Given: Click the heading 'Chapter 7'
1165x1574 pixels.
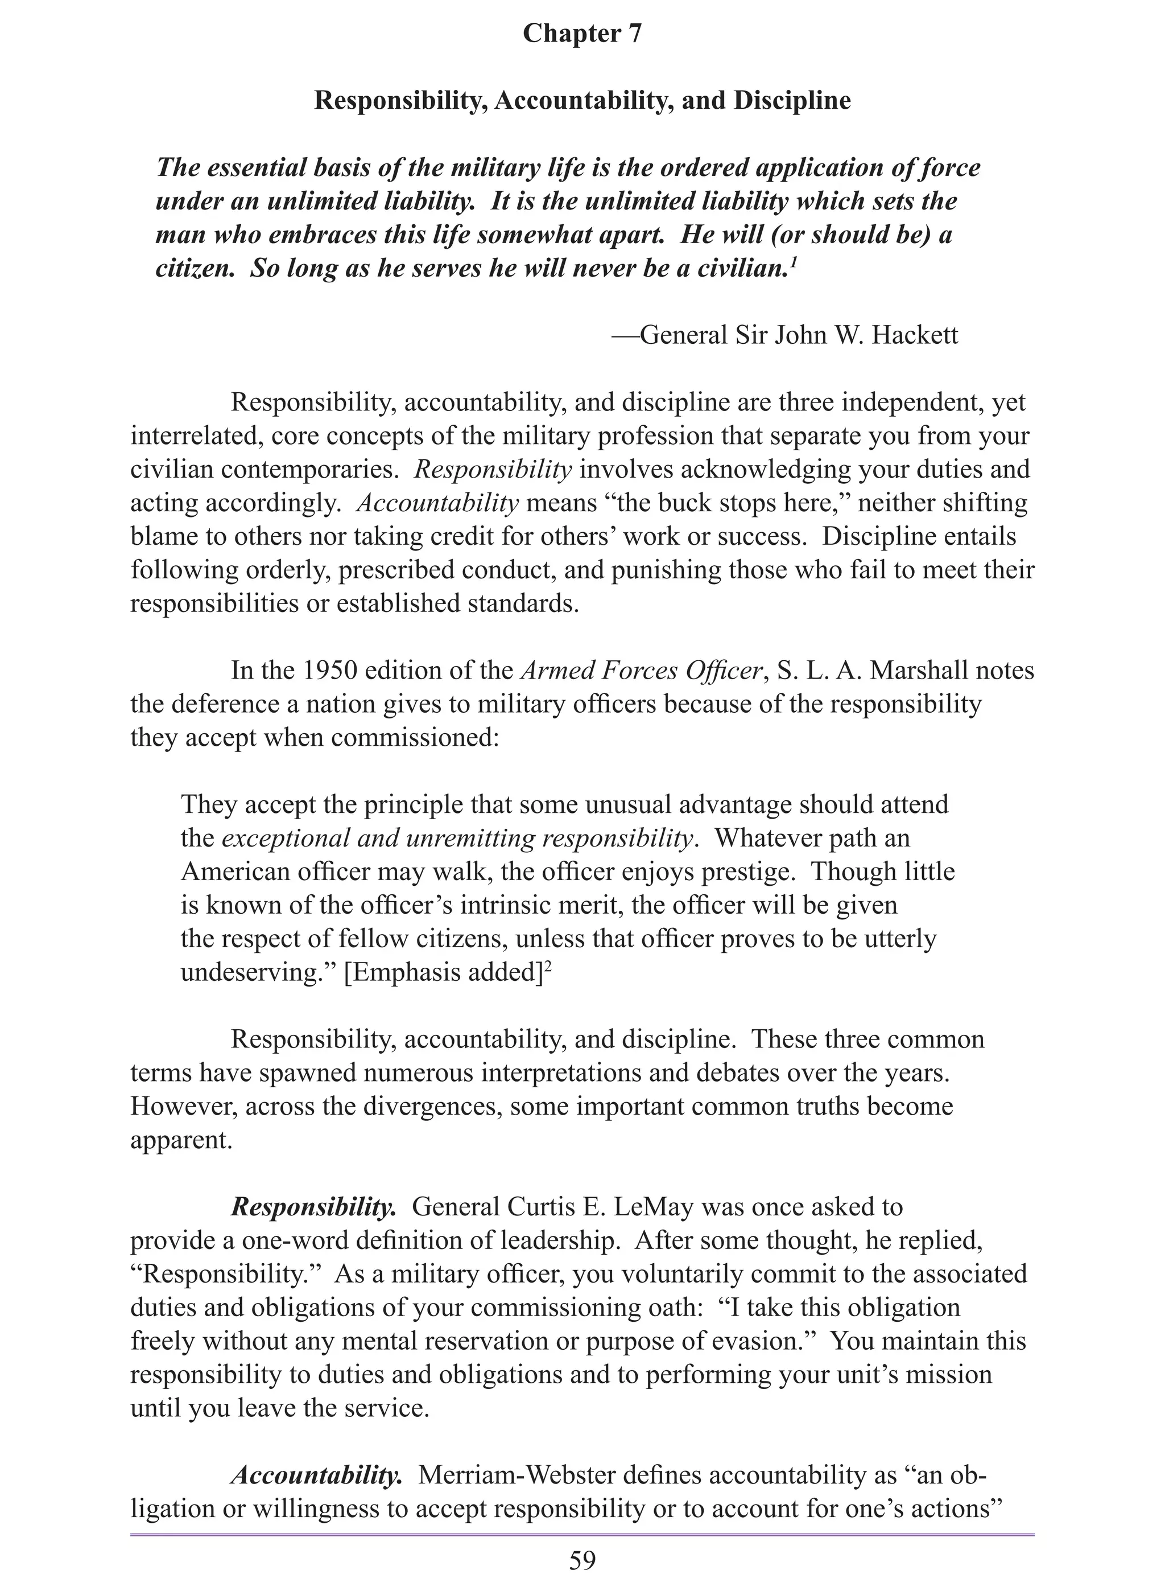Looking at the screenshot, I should [x=582, y=32].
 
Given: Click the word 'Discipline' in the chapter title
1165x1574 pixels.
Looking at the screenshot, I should [x=792, y=100].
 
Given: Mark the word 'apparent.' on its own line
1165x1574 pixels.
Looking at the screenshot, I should [x=181, y=1140].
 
